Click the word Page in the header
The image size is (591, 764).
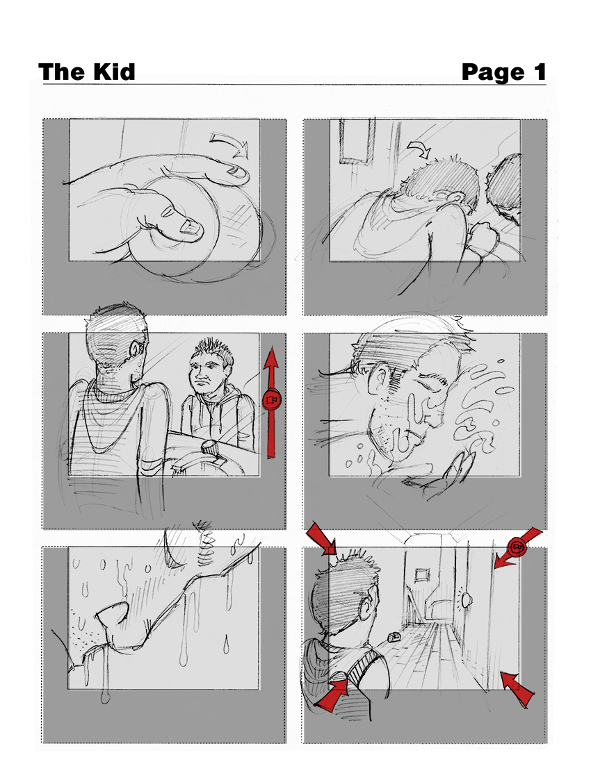click(492, 73)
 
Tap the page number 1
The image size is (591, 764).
click(540, 72)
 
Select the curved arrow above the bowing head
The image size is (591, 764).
click(419, 148)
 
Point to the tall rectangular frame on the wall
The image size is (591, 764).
click(357, 141)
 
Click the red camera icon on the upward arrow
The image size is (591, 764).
click(272, 400)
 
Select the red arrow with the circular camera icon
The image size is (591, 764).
click(518, 548)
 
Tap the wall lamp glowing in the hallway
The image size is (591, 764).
click(467, 599)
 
